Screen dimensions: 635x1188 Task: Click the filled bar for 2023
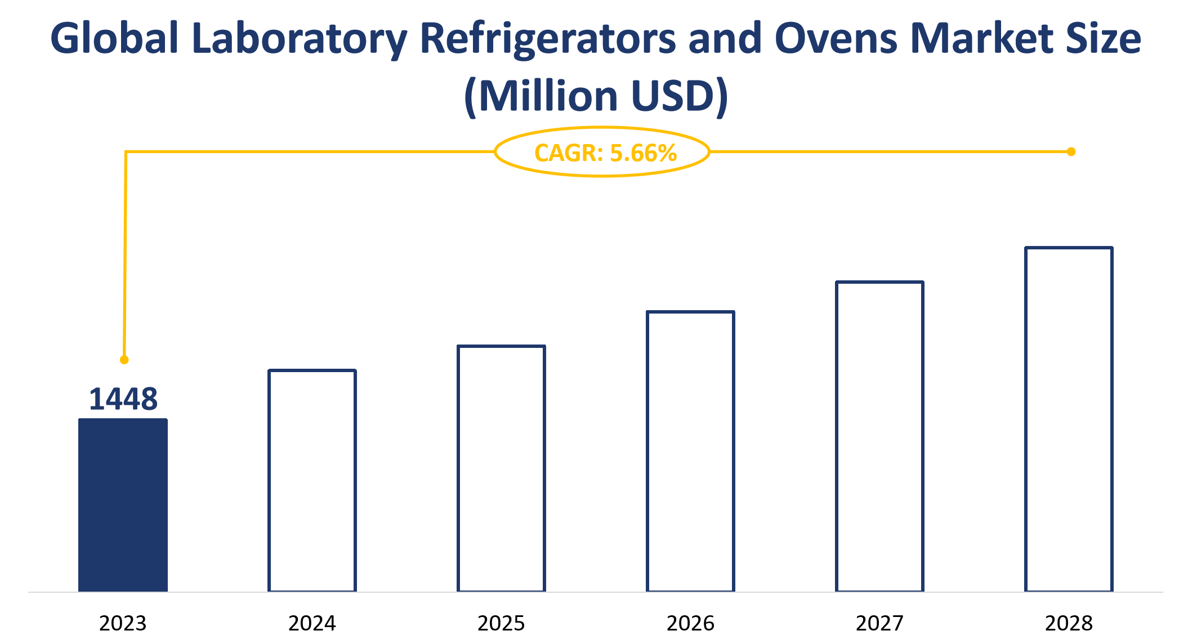[123, 505]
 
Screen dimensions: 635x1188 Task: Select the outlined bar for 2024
[312, 481]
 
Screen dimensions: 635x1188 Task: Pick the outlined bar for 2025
[501, 468]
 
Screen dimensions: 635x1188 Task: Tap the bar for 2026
[690, 451]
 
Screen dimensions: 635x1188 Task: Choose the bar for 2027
[879, 436]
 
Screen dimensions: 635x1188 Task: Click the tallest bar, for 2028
[1069, 419]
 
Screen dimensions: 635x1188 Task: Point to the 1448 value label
[123, 399]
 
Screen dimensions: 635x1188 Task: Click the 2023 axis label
[123, 623]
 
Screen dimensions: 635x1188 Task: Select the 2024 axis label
[312, 623]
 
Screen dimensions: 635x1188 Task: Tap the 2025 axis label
[501, 623]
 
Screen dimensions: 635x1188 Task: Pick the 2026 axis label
[690, 623]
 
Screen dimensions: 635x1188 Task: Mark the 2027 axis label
[879, 623]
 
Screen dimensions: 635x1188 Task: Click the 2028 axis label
[1069, 623]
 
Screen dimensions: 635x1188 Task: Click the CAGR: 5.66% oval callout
[602, 152]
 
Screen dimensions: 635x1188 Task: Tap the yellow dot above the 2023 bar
[124, 360]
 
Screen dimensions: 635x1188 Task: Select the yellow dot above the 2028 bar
[1071, 151]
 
